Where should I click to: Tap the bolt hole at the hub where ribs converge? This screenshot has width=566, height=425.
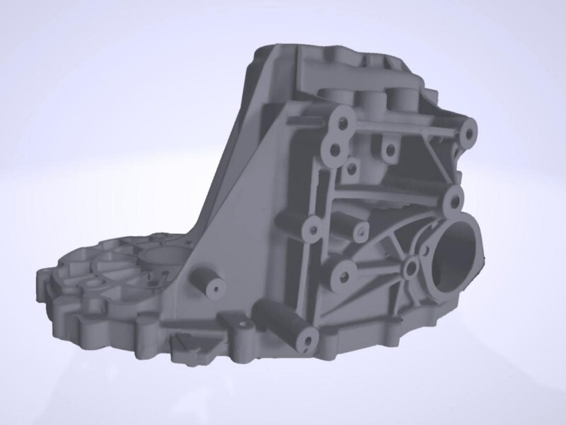click(411, 270)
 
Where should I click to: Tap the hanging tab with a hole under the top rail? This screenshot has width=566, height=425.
click(386, 149)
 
